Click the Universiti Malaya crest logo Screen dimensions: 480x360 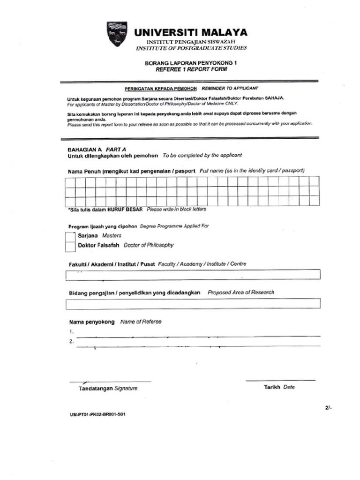tap(116, 34)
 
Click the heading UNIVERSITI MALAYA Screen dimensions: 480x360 tap(191, 32)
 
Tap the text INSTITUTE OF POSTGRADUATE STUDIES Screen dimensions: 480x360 tap(191, 48)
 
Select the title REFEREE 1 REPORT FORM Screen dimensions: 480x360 tap(191, 69)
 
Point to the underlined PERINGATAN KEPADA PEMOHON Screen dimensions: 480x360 tap(160, 88)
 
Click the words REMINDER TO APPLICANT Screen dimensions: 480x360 tap(230, 88)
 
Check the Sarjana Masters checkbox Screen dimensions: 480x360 tap(70, 236)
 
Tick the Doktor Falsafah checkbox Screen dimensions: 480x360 tap(70, 246)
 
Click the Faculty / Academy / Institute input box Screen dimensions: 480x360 tap(193, 275)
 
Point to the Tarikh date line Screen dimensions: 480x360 tap(280, 380)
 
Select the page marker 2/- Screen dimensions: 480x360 tap(328, 408)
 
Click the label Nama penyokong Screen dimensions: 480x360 tap(92, 322)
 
